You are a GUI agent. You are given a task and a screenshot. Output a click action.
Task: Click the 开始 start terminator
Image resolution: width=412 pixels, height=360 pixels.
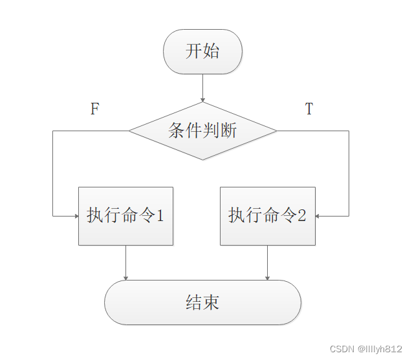203,52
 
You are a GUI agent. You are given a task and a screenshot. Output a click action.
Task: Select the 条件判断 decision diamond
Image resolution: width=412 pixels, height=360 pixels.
202,131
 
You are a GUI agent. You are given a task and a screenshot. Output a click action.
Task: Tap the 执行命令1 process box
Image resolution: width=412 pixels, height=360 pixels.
125,216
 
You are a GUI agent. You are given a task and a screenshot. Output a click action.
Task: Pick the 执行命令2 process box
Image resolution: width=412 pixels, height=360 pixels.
267,216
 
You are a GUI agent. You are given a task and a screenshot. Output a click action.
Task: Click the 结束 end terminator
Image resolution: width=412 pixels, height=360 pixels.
202,302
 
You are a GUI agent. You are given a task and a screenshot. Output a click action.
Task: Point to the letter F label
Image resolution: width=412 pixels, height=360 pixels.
94,109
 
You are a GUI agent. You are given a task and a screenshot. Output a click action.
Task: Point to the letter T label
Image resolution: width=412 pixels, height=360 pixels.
309,109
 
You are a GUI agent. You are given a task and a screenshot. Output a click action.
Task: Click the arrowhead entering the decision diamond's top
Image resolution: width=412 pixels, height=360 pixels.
203,100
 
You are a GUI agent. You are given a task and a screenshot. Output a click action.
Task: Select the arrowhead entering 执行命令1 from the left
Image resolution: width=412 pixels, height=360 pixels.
75,216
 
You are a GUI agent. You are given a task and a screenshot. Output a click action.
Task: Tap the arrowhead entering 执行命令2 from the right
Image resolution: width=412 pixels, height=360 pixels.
319,216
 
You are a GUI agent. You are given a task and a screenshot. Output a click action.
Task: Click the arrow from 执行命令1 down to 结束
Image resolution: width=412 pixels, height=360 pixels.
125,262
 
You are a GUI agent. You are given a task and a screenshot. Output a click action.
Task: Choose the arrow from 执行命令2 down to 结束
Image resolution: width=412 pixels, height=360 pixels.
267,262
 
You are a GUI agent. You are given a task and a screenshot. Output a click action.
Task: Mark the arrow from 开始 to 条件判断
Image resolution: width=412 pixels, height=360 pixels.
203,87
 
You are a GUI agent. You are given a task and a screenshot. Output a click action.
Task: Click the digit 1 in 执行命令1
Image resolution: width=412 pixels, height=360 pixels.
160,216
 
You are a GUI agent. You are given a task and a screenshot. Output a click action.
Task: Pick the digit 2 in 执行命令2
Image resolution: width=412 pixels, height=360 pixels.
301,216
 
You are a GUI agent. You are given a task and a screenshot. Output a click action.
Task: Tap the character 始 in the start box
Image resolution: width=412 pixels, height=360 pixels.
211,52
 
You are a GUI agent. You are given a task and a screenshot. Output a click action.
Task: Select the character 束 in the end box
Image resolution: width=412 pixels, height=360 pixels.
211,302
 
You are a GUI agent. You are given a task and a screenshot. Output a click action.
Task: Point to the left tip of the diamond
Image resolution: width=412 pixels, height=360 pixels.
129,131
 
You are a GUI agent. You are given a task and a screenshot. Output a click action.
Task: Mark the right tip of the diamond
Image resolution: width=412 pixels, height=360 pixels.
276,131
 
